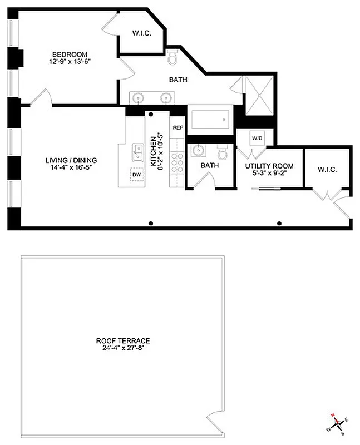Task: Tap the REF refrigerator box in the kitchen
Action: click(x=177, y=127)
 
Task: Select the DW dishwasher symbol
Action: click(x=137, y=175)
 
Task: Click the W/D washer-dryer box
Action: click(x=257, y=137)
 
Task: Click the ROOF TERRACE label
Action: click(x=123, y=341)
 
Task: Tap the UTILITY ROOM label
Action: click(x=270, y=166)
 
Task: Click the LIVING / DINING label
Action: click(x=68, y=161)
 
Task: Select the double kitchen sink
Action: click(x=137, y=151)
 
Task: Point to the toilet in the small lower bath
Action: click(x=223, y=152)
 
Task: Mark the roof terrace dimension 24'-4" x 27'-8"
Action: click(x=123, y=349)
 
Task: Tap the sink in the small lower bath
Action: click(x=198, y=151)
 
